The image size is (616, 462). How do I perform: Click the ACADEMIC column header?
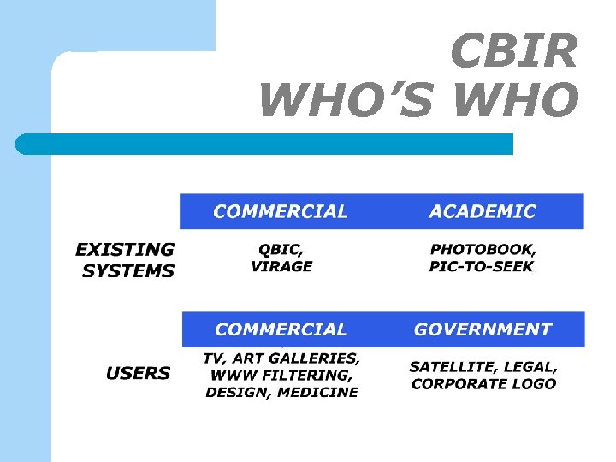483,211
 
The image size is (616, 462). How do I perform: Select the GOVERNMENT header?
483,329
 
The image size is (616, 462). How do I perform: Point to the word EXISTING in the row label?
125,250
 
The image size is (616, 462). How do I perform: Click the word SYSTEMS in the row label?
128,271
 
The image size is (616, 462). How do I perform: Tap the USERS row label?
138,373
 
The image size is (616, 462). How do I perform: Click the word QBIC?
279,249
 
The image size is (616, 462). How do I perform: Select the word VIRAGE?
281,266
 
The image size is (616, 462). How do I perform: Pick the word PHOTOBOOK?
483,249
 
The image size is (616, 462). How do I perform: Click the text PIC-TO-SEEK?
481,266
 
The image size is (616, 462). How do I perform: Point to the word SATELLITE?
451,366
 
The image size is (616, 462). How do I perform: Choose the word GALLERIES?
315,358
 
